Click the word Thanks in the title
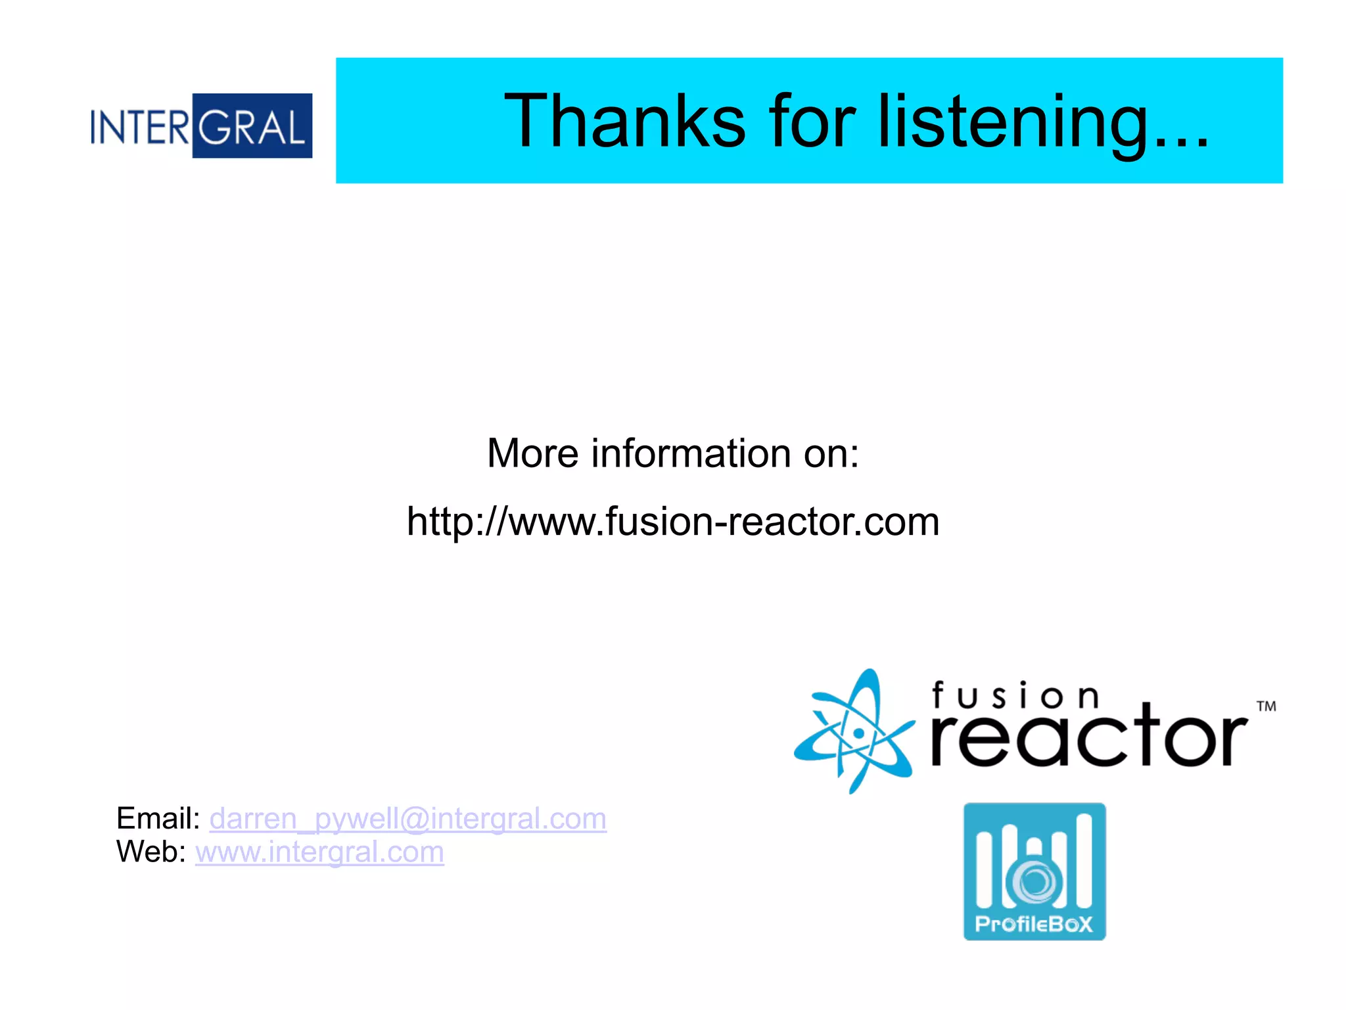tap(624, 122)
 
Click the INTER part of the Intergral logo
tap(140, 127)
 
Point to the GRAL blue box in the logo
tap(252, 126)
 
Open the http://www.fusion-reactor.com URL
tap(673, 522)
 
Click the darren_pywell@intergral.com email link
tap(407, 819)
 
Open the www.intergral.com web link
tap(319, 852)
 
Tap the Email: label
tap(158, 819)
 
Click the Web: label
tap(151, 852)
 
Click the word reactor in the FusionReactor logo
tap(1089, 739)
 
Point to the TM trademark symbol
tap(1266, 707)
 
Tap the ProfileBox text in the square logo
tap(1034, 925)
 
